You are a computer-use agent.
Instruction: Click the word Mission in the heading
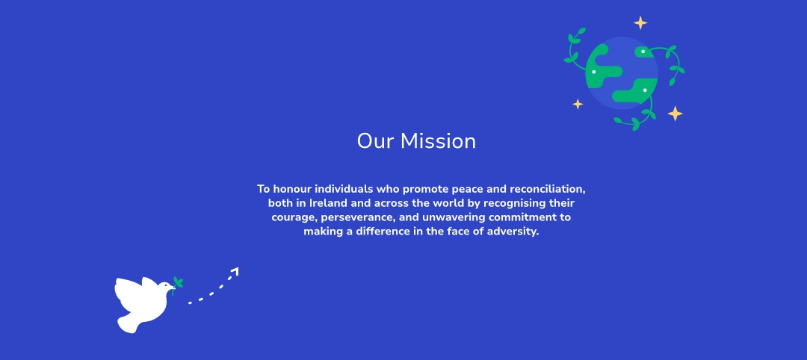(438, 141)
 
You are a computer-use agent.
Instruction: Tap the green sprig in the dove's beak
(178, 283)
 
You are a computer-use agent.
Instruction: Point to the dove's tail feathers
(127, 323)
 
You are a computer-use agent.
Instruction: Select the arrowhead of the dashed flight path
(235, 270)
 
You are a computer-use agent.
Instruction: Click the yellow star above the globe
(640, 22)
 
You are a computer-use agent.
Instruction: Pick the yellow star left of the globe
(578, 104)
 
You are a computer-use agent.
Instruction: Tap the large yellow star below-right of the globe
(675, 114)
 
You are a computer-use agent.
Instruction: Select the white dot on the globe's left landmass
(594, 72)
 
